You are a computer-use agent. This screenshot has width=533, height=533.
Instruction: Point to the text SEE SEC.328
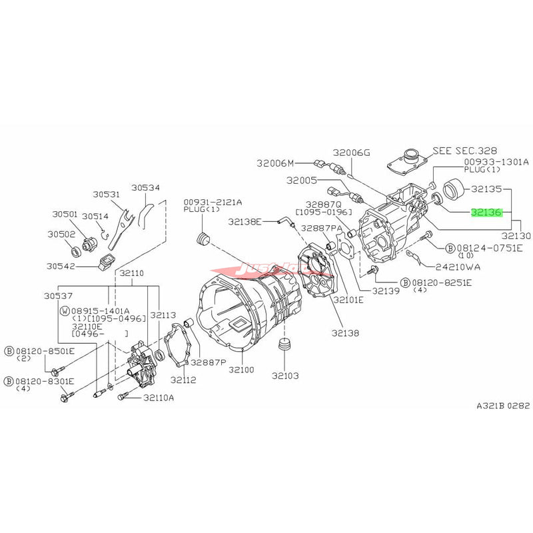pyautogui.click(x=464, y=151)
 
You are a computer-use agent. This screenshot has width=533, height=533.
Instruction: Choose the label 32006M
pyautogui.click(x=276, y=162)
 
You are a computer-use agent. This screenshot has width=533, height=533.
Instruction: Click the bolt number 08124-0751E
pyautogui.click(x=490, y=248)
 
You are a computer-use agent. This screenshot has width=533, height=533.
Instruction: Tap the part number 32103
pyautogui.click(x=285, y=375)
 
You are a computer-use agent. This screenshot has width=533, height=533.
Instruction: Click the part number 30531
pyautogui.click(x=106, y=195)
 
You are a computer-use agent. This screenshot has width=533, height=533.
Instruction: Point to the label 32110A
pyautogui.click(x=158, y=398)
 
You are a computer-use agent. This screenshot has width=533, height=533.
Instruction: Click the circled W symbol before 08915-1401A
pyautogui.click(x=64, y=310)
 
